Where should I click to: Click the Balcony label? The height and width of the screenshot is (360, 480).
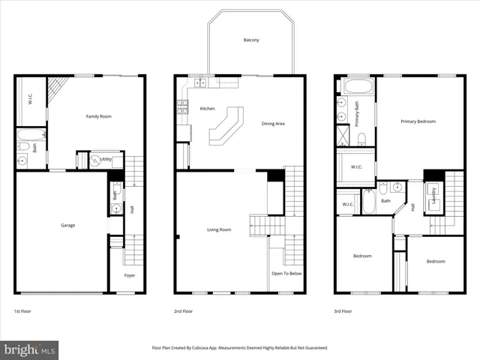tap(251, 40)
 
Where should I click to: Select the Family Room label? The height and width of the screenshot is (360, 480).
tap(98, 116)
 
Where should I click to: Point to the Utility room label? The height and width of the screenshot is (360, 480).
tap(106, 160)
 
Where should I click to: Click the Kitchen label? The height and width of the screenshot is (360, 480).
tap(207, 109)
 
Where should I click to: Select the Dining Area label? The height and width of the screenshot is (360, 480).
tap(273, 124)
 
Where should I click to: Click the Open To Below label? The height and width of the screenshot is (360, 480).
tap(286, 274)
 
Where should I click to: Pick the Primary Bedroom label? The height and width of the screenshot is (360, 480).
tap(418, 121)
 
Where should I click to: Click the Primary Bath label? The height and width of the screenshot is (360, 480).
tap(357, 112)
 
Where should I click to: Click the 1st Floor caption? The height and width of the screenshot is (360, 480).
tap(23, 310)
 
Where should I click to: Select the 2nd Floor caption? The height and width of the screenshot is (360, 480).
tap(184, 310)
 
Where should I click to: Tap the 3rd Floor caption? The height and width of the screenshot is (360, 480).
tap(343, 310)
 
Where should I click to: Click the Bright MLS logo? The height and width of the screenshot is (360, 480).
tap(30, 349)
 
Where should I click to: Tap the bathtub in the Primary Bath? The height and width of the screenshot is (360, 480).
tap(357, 85)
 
